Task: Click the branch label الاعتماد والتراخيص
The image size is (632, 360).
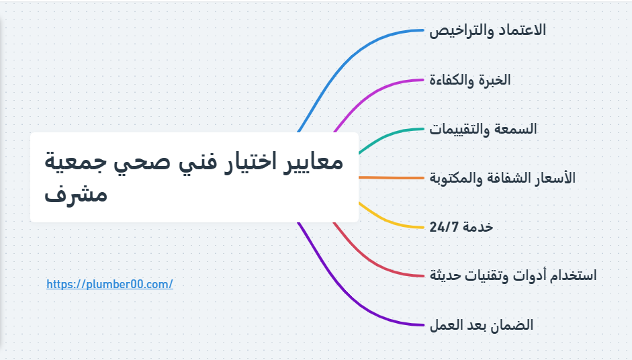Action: coord(488,30)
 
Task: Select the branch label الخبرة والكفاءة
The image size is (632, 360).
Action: coord(470,80)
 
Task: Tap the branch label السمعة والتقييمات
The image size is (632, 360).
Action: coord(484,129)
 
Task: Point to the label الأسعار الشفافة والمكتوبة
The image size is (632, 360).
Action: coord(502,178)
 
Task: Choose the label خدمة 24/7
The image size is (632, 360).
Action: coord(461,227)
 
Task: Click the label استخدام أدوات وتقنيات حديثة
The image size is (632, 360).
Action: coord(513,275)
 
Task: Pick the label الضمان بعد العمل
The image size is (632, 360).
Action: coord(482,325)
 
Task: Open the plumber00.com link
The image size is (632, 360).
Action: coord(110,284)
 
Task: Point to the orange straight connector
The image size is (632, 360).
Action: coord(393,178)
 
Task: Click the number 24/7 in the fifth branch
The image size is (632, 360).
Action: coord(443,227)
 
